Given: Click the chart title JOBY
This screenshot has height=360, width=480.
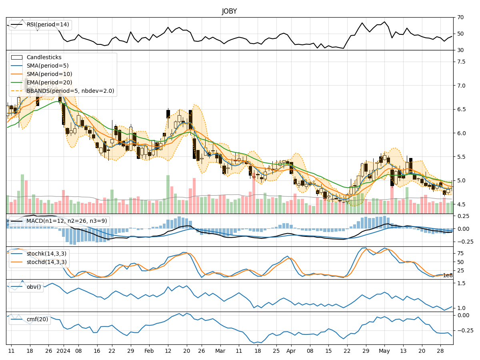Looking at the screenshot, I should [229, 11].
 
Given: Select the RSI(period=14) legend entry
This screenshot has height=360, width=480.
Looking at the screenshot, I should [48, 25].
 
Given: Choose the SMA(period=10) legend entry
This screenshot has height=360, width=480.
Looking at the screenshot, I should [49, 74].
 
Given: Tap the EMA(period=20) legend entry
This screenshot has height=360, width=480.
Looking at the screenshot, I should [49, 83].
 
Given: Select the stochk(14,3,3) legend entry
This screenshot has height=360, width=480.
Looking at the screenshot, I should [46, 254].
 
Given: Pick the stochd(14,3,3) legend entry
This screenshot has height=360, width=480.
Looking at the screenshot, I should [46, 262].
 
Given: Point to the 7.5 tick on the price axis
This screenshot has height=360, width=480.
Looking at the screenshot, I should [461, 62].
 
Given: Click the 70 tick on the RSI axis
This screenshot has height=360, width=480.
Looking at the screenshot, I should [460, 17].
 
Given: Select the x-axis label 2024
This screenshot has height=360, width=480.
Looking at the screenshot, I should [63, 351].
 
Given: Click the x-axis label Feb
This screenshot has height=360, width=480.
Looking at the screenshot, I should [149, 351].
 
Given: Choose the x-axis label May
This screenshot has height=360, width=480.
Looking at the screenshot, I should [384, 351].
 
